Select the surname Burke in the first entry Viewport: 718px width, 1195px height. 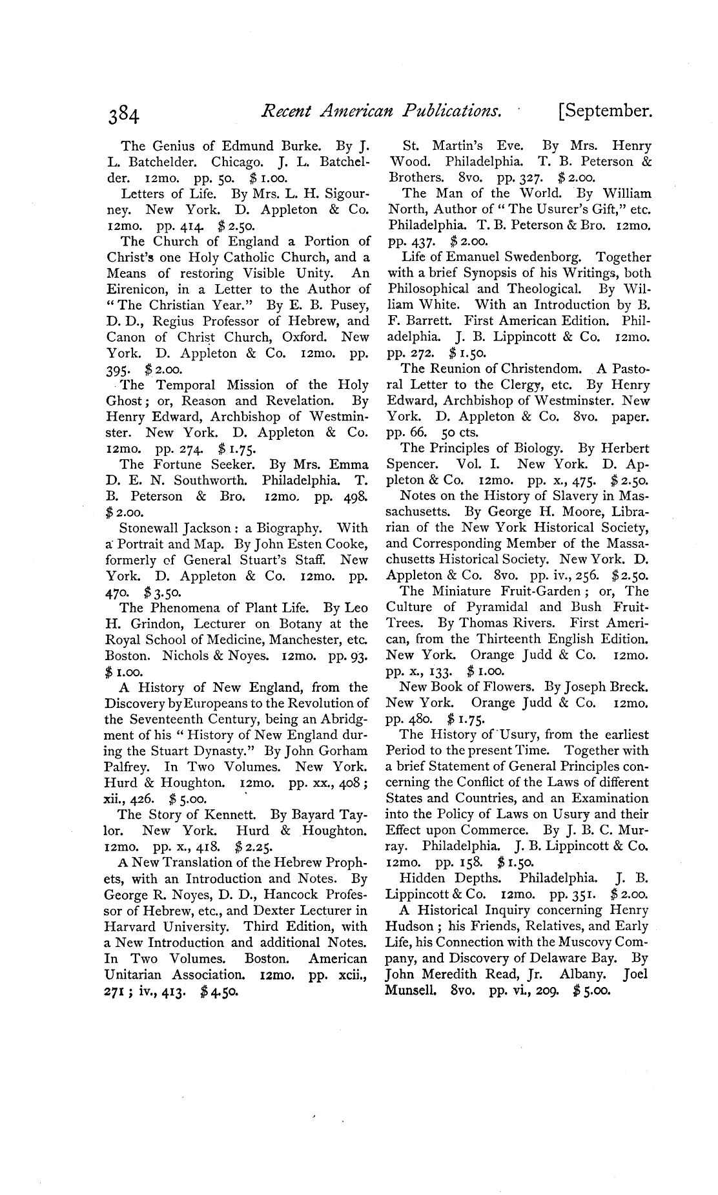[x=292, y=146]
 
